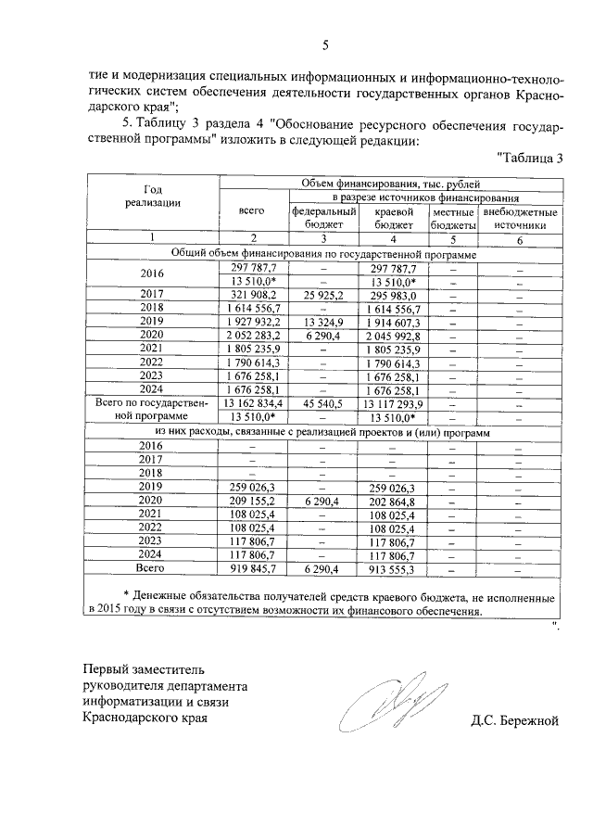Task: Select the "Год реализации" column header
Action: [x=152, y=196]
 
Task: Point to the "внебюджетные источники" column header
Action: [x=520, y=218]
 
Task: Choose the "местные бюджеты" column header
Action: [x=452, y=218]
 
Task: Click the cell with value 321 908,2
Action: [x=252, y=294]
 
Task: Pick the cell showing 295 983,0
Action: [x=390, y=294]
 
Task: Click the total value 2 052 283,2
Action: [x=252, y=335]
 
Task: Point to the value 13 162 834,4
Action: [x=252, y=403]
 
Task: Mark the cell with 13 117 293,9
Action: [x=390, y=403]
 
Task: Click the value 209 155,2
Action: [x=252, y=499]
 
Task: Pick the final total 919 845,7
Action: [x=252, y=568]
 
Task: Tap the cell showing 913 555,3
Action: [x=390, y=568]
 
